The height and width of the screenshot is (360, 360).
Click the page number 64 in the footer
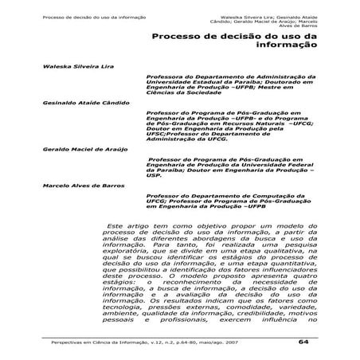click(303, 342)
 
